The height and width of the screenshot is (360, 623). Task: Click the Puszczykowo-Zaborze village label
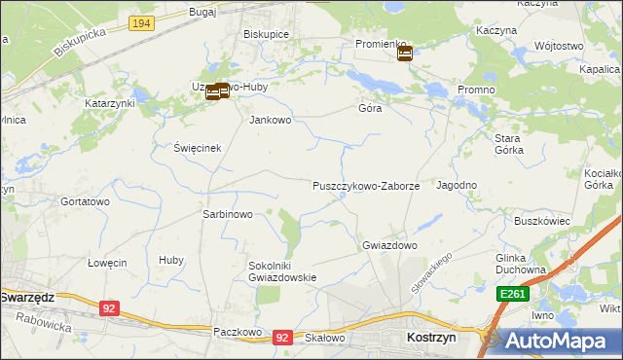coord(366,185)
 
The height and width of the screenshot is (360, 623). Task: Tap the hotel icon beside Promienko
coord(405,54)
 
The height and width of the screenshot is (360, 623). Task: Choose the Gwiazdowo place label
coord(389,245)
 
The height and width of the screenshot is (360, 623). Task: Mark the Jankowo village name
coord(271,121)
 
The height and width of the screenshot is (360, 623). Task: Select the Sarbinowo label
coord(227,214)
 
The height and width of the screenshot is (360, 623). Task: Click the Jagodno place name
coord(457,185)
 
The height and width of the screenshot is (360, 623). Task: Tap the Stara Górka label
coord(508,144)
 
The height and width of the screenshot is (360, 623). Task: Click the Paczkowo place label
coord(238,332)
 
